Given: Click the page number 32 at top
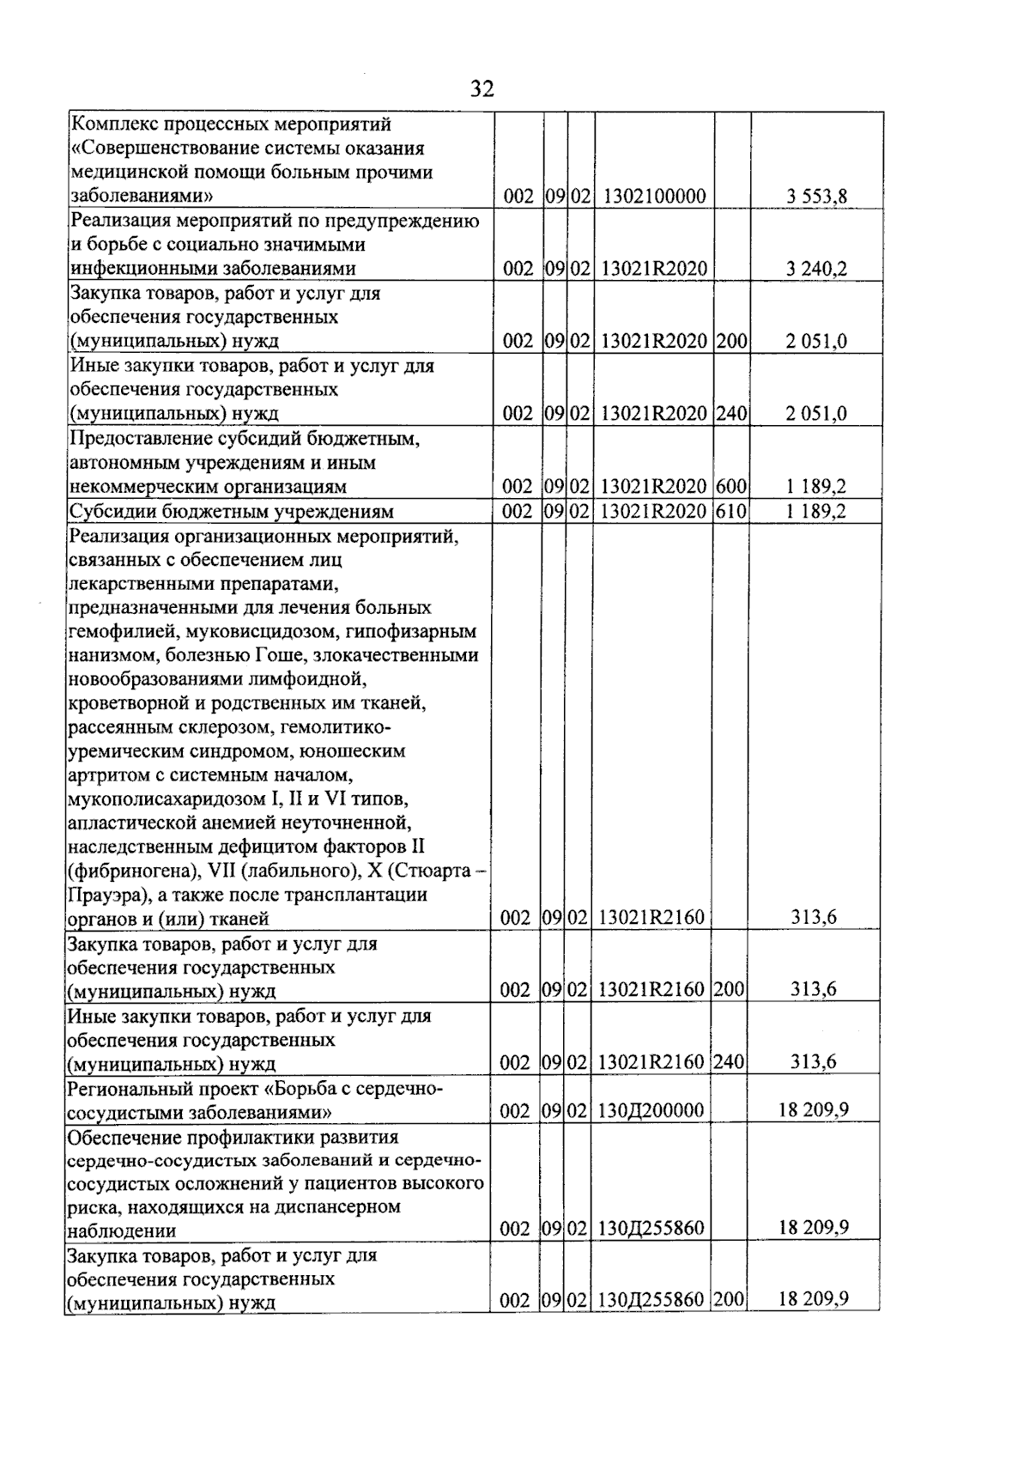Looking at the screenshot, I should pos(482,88).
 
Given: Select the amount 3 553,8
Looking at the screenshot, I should pos(816,197).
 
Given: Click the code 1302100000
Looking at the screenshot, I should pos(654,197).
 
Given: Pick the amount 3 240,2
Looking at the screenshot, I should pos(816,269).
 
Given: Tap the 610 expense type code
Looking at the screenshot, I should pos(731,512).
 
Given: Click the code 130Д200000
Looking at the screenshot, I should pos(651,1110).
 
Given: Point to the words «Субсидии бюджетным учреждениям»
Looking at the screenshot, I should pos(232,512).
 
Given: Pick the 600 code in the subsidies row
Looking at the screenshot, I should pos(731,487).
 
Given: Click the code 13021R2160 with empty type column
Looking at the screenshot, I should pos(651,918).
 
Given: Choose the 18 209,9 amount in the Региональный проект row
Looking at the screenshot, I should pos(814,1109).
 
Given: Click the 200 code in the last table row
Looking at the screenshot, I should pos(729,1300).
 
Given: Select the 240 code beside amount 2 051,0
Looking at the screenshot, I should pos(731,414).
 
